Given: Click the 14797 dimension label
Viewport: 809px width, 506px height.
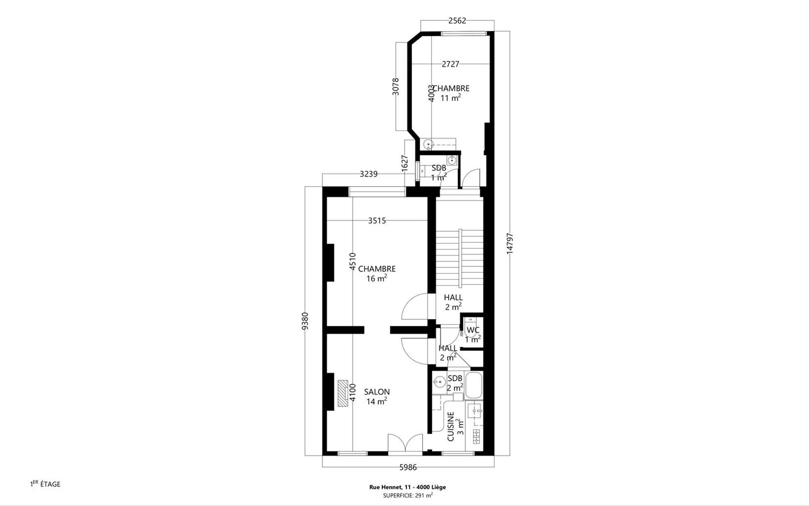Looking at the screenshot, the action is point(510,243).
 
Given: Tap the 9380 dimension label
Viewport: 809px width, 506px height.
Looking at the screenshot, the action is point(306,321).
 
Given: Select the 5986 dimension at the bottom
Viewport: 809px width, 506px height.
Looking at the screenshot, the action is point(408,467).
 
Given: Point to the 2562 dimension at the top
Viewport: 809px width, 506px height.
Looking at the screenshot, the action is point(457,21).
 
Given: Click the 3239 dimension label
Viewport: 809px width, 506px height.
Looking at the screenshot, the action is point(368,174).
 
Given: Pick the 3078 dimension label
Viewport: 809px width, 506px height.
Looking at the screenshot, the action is point(395,86).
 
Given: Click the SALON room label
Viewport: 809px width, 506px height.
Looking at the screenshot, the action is point(377,392).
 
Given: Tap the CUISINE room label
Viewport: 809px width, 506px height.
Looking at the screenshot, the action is point(451,427).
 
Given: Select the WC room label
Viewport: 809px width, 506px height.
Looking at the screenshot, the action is point(473,330).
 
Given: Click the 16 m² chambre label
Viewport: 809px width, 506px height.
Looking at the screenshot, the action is point(377,278).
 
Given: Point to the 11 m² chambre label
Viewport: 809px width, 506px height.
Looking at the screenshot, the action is point(451,98).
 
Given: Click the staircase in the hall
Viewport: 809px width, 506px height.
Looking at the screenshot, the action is point(459,258).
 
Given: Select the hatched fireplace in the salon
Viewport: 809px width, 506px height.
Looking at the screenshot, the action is point(342,393).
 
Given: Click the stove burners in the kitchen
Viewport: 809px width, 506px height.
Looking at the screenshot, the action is point(477,436).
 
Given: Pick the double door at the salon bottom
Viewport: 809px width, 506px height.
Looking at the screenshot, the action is point(405,444).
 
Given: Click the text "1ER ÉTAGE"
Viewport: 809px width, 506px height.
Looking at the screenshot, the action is point(45,484).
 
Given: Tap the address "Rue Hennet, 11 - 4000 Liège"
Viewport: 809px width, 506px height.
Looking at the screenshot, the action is point(408,487).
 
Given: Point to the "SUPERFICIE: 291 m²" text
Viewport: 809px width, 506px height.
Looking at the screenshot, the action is point(408,495).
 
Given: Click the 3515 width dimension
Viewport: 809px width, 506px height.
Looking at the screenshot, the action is point(377,221).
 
